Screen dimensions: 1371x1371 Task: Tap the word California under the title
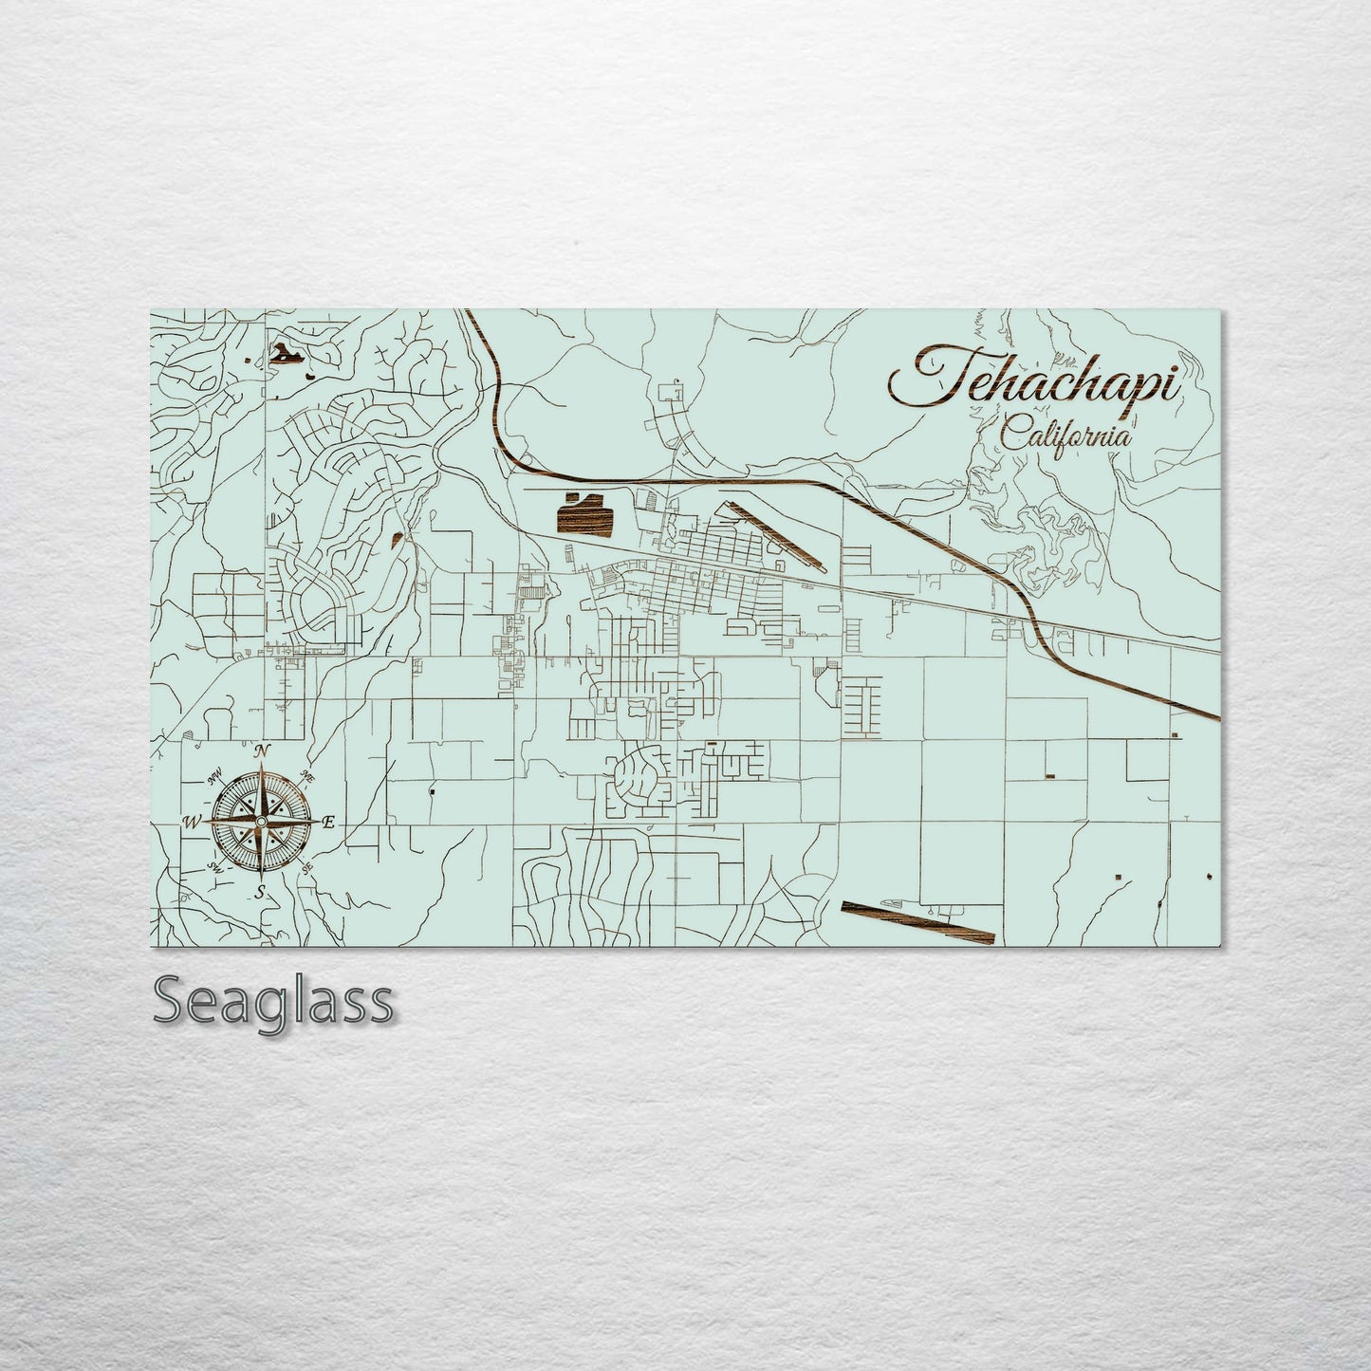tap(1065, 437)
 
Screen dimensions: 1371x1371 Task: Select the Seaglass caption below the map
tap(272, 1001)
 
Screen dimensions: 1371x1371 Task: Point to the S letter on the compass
tap(259, 893)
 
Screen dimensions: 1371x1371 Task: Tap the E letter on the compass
tap(329, 824)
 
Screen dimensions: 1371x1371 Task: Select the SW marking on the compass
tap(213, 866)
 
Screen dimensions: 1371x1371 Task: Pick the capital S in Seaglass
tap(171, 1001)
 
